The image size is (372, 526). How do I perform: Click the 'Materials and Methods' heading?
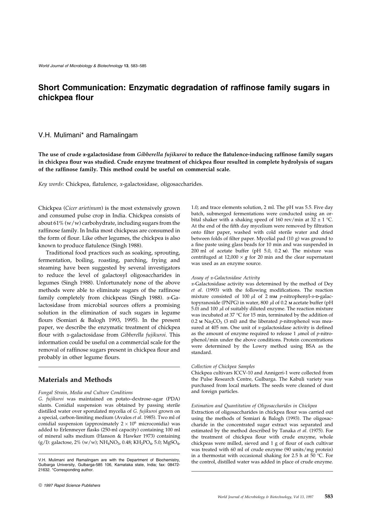pos(75,380)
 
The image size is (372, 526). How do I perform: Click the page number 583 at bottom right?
pos(329,496)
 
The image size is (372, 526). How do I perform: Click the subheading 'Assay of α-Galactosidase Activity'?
pos(226,278)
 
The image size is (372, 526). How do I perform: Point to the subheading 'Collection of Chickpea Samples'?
pos(223,366)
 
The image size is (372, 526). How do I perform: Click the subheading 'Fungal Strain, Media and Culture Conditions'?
pos(85,392)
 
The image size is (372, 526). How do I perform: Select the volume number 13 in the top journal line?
pos(126,66)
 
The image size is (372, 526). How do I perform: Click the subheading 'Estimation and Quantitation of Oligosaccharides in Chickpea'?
pos(254,406)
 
